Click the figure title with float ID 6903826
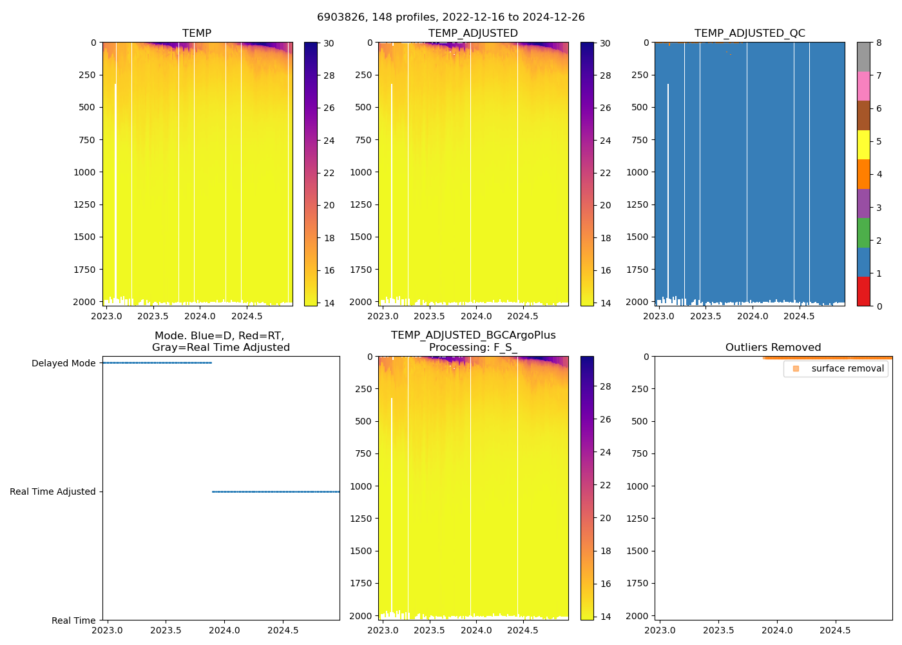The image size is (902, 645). point(450,17)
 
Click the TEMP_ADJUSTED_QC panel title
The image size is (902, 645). point(749,34)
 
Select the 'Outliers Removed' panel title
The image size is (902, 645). point(772,348)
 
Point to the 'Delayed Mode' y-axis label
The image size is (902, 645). point(63,363)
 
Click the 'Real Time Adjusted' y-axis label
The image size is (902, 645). point(52,491)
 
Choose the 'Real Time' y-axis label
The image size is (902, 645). point(73,620)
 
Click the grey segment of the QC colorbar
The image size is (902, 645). point(863,57)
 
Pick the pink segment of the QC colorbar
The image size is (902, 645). point(863,86)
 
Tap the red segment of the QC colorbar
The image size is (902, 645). point(863,291)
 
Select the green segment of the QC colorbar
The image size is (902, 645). point(863,233)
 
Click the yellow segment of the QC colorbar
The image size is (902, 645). point(863,145)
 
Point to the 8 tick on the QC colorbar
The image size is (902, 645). point(879,43)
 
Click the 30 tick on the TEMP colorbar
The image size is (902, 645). point(329,43)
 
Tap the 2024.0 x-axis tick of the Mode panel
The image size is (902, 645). point(224,630)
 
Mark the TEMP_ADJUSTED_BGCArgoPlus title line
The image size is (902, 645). point(473,335)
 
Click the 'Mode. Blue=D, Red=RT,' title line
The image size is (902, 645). point(219,336)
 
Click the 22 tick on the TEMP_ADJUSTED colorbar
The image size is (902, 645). point(605,173)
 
